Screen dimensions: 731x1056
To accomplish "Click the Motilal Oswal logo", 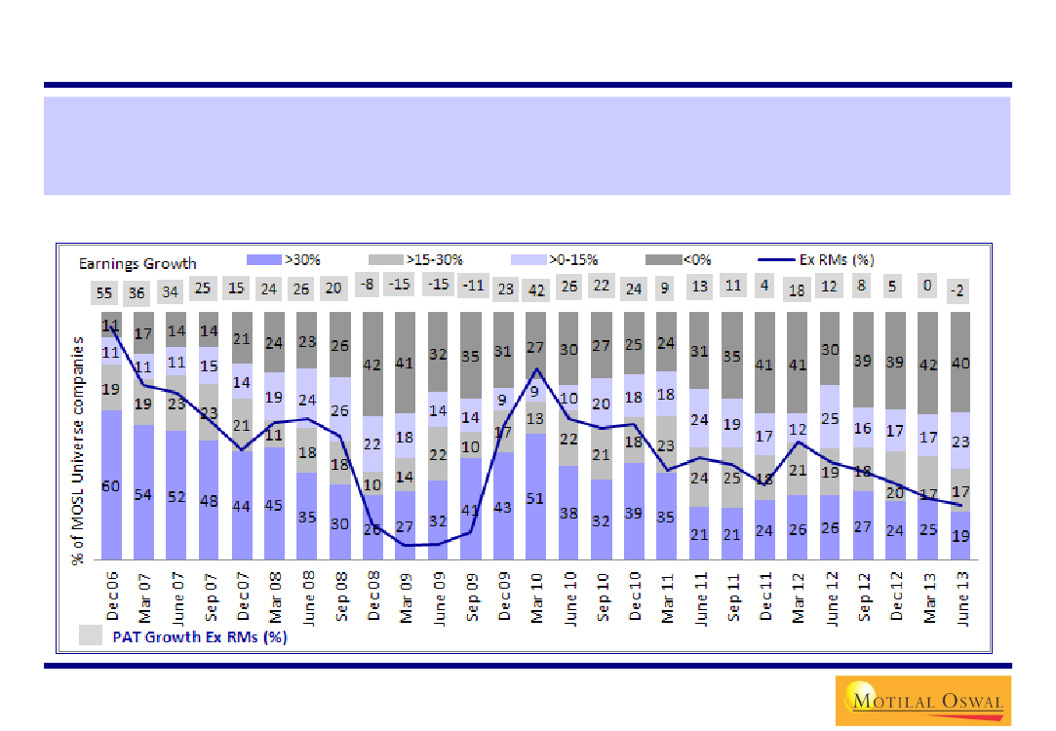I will (921, 700).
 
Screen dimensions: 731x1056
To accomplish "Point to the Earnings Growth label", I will (137, 263).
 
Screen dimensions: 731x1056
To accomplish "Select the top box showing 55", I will (104, 291).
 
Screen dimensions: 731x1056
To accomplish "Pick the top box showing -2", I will (961, 289).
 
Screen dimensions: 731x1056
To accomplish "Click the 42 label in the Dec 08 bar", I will (372, 365).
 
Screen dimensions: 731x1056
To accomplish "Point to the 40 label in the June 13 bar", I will (960, 364).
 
